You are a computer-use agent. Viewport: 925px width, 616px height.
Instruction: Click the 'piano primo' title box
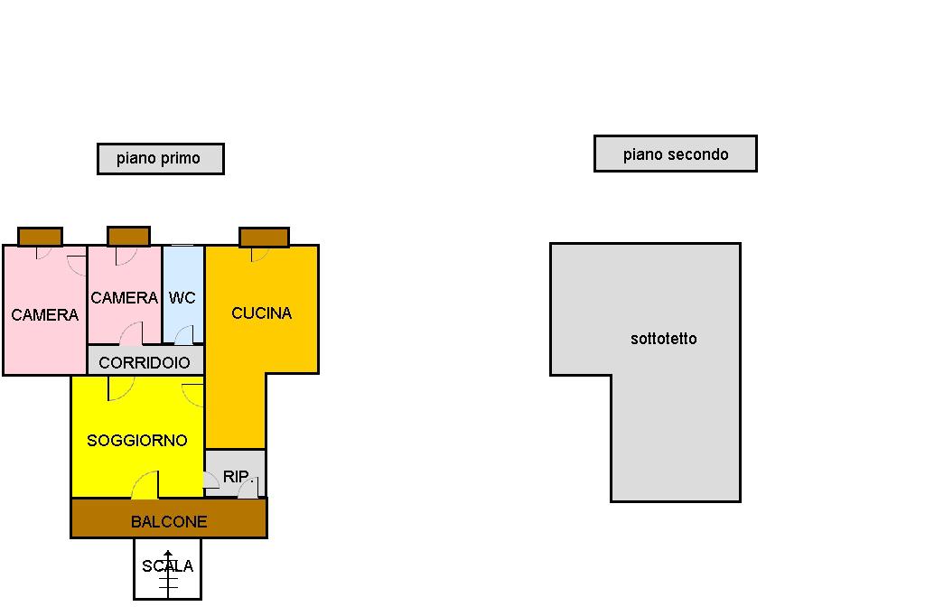pyautogui.click(x=160, y=158)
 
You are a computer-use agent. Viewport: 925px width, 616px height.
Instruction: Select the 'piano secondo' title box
pyautogui.click(x=675, y=154)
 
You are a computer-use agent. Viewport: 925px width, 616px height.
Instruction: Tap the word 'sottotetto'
pyautogui.click(x=663, y=339)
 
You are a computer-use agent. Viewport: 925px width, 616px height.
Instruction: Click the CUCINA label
pyautogui.click(x=261, y=313)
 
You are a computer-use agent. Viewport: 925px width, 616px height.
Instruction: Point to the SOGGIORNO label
pyautogui.click(x=136, y=440)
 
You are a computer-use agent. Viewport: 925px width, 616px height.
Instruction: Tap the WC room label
pyautogui.click(x=182, y=297)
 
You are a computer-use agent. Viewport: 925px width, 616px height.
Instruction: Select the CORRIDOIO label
pyautogui.click(x=145, y=362)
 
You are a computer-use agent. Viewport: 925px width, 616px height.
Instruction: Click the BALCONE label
pyautogui.click(x=168, y=521)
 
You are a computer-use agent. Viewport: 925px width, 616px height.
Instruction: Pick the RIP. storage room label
pyautogui.click(x=236, y=476)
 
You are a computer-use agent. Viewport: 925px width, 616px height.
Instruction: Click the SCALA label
pyautogui.click(x=167, y=566)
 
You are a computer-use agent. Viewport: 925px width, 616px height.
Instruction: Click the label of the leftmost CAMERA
pyautogui.click(x=44, y=314)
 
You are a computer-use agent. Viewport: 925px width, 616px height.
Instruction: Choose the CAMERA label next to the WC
pyautogui.click(x=124, y=297)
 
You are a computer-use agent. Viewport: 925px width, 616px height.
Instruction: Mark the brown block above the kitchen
pyautogui.click(x=264, y=237)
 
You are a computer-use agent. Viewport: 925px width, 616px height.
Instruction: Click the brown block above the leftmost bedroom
pyautogui.click(x=40, y=236)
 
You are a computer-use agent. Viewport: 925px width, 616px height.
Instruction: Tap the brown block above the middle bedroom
pyautogui.click(x=128, y=236)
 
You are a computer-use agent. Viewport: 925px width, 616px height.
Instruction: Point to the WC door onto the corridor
pyautogui.click(x=183, y=336)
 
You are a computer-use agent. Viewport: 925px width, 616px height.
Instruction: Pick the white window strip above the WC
pyautogui.click(x=182, y=245)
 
